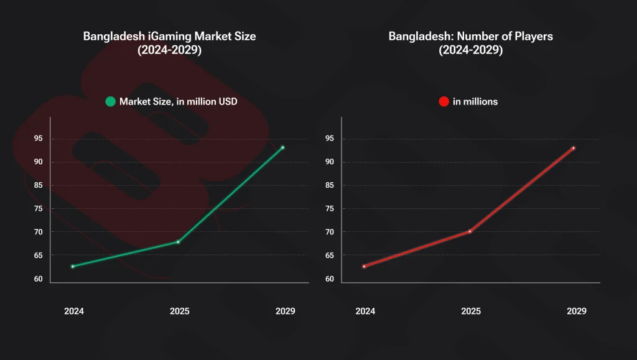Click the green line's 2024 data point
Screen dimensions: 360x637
73,266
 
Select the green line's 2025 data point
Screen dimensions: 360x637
179,242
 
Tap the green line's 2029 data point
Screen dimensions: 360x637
282,147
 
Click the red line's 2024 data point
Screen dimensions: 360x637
364,266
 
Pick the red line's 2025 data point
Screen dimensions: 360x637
470,231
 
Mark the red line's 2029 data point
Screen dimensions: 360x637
574,148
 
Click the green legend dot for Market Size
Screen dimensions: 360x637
110,101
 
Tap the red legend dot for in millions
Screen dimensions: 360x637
444,101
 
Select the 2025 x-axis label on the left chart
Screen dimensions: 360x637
179,311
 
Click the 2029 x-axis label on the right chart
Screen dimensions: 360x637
577,311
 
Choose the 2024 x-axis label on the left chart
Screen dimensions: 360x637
74,311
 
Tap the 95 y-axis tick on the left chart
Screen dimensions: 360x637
38,139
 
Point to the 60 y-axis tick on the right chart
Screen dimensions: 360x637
329,279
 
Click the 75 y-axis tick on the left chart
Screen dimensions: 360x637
38,208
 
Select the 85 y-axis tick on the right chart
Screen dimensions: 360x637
329,185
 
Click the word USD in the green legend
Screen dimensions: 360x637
226,101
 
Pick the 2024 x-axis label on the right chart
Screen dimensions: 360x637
365,311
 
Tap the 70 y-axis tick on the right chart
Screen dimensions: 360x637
329,232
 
